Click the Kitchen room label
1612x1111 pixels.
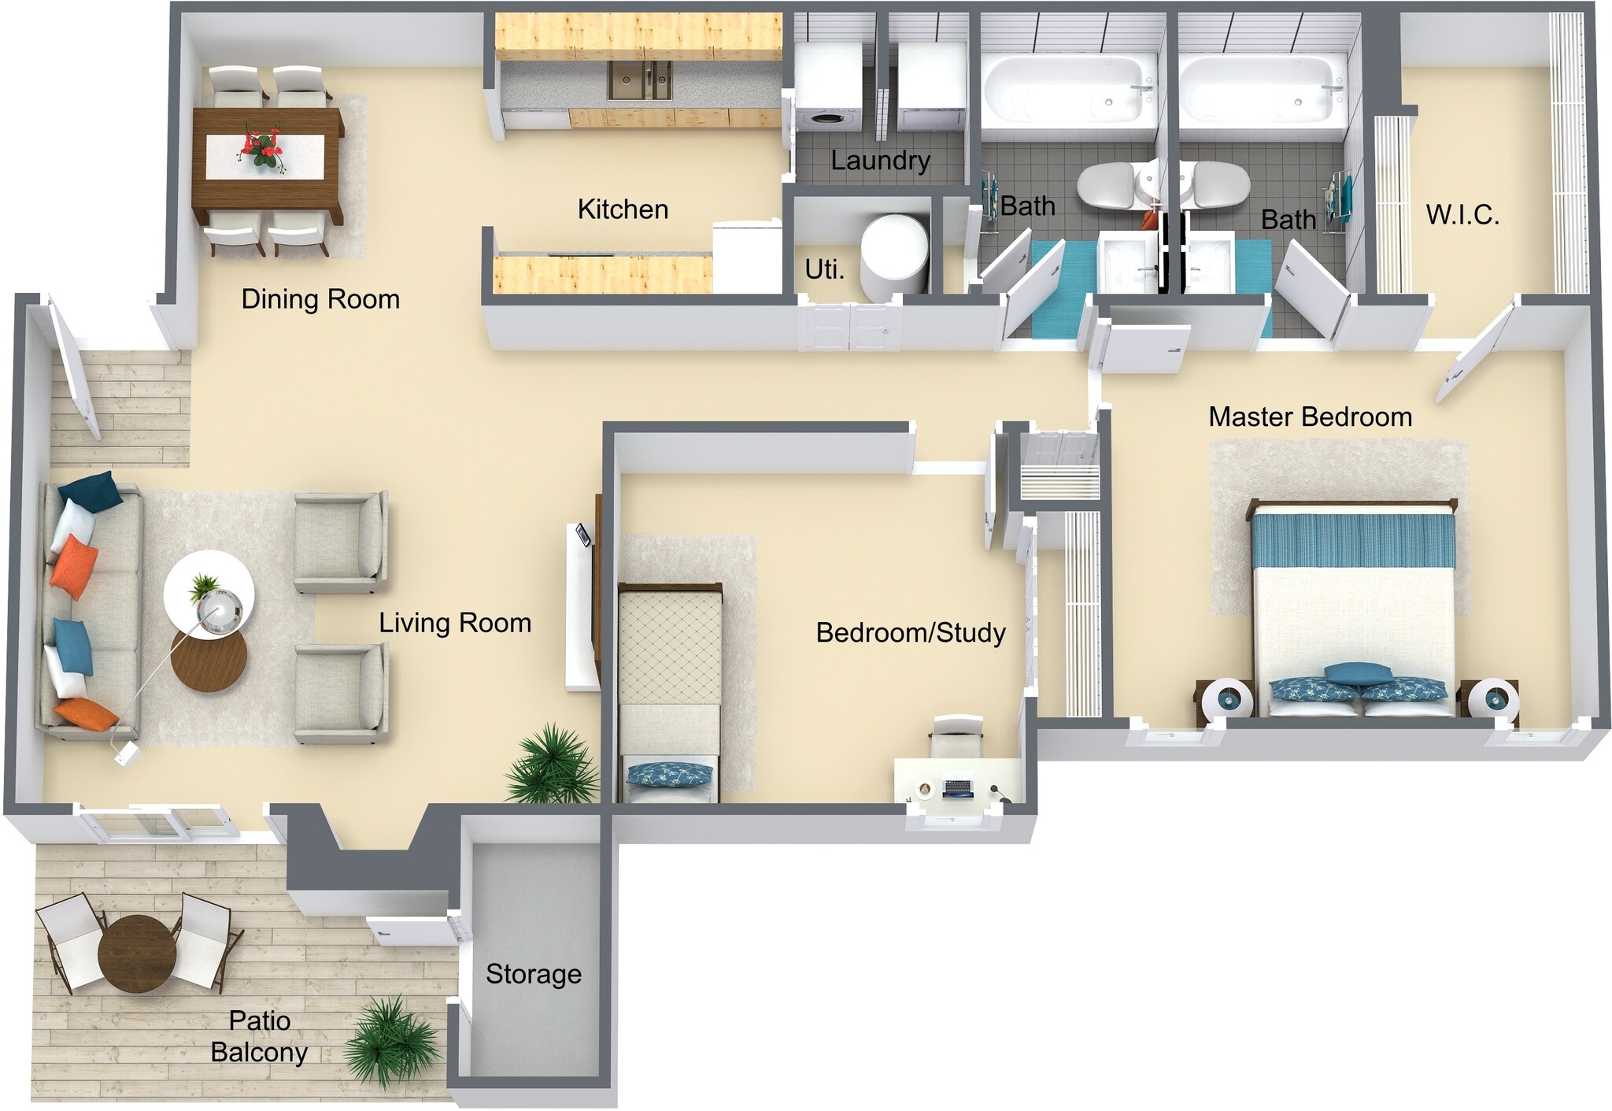coord(623,209)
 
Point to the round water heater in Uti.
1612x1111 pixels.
coord(896,256)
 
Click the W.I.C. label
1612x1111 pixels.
coord(1462,215)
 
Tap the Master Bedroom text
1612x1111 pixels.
coord(1310,417)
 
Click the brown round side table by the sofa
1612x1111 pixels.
coord(209,661)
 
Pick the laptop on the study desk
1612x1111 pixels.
coord(958,787)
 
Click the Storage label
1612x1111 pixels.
coord(533,974)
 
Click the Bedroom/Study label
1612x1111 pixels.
coord(911,633)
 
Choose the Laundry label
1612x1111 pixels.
coord(880,161)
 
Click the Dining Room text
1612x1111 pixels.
coord(320,299)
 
